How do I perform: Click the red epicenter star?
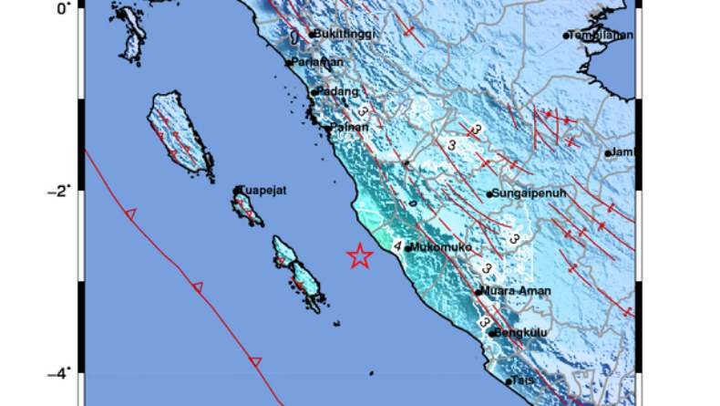(x=360, y=256)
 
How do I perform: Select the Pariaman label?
(x=318, y=62)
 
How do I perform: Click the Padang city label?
(x=334, y=91)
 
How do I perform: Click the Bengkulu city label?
(x=522, y=333)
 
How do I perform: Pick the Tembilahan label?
(x=602, y=36)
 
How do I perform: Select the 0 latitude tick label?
(x=63, y=8)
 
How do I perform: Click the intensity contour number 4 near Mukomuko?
(x=398, y=245)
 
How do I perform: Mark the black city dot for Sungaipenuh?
(x=489, y=193)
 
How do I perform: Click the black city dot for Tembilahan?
(x=566, y=36)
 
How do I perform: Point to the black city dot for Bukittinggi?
(x=311, y=35)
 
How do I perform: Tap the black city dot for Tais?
(x=509, y=381)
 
